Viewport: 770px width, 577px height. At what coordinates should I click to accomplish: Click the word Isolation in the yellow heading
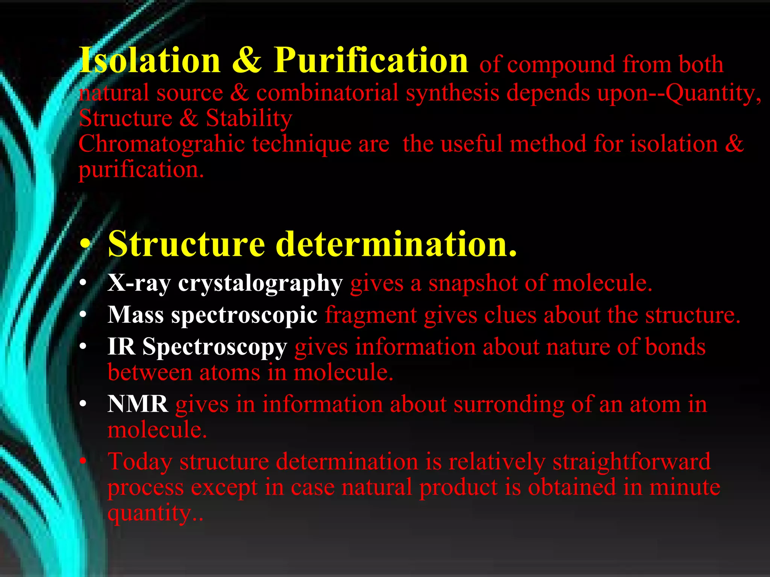click(150, 60)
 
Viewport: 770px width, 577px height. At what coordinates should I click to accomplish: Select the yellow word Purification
click(371, 60)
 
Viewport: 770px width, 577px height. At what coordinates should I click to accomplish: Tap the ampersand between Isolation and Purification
click(247, 61)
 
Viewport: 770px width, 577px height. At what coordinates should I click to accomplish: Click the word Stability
click(249, 118)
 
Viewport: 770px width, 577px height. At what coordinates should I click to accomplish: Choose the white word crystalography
click(260, 284)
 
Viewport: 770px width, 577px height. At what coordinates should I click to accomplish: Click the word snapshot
click(473, 283)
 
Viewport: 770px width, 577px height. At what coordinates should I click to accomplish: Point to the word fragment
click(371, 315)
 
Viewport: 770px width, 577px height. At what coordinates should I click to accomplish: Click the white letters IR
click(121, 346)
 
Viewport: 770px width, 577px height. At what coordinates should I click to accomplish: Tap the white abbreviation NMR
click(138, 404)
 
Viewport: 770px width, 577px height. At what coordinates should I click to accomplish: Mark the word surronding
click(509, 405)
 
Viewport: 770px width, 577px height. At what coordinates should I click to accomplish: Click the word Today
click(140, 462)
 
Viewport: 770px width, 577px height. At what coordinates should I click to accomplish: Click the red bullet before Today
click(83, 461)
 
